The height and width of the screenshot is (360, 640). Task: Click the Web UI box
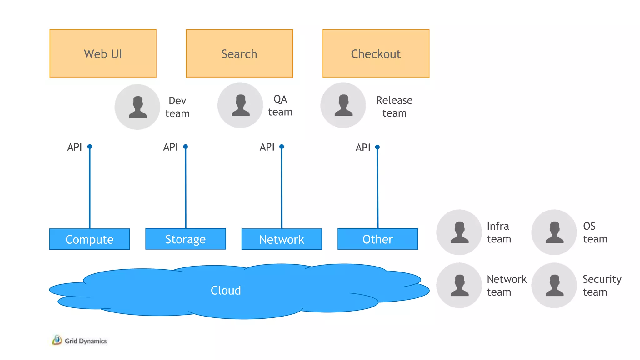pos(103,54)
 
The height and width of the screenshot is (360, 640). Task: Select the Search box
pos(239,54)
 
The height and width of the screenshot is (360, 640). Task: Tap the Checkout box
pos(376,54)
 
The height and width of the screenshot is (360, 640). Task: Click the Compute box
pos(90,239)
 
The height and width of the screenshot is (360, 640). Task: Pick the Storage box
pos(186,239)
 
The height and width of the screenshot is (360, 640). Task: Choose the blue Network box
pos(282,239)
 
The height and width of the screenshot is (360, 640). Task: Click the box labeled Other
pos(377,239)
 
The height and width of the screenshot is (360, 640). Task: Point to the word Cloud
pos(226,291)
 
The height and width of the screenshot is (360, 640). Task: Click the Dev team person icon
pos(137,107)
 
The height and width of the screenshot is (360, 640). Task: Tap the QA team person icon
pos(240,105)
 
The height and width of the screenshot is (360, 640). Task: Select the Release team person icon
pos(343,105)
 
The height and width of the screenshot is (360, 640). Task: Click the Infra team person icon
pos(459,232)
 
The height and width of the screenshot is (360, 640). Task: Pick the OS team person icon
pos(554,232)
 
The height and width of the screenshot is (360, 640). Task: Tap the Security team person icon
pos(554,285)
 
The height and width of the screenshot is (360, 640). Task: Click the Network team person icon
pos(459,285)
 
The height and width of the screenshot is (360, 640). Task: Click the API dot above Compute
pos(90,147)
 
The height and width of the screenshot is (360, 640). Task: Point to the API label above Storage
pos(170,147)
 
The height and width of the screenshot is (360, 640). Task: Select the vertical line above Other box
pos(377,187)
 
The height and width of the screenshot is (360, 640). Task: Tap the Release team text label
pos(394,107)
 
